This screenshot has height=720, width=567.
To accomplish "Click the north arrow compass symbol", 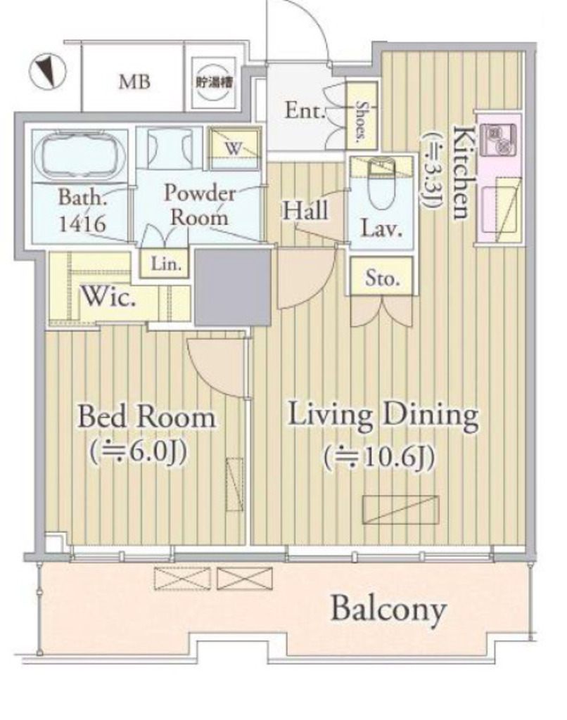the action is click(47, 72).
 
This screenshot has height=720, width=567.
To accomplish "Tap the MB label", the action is click(134, 82).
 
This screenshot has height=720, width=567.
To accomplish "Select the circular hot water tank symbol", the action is click(214, 82).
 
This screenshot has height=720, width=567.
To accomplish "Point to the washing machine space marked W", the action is click(234, 148).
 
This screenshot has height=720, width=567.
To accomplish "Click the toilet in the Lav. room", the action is click(381, 184).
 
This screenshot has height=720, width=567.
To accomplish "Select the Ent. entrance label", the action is click(305, 110).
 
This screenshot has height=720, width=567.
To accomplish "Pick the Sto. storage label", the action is click(382, 278).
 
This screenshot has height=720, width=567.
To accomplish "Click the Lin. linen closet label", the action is click(165, 264).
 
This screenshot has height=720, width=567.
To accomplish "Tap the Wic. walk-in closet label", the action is click(108, 297).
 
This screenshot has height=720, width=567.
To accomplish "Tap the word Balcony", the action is click(389, 610).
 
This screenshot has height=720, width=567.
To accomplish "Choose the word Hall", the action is click(305, 211).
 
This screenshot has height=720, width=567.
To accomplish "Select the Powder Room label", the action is click(199, 205).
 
